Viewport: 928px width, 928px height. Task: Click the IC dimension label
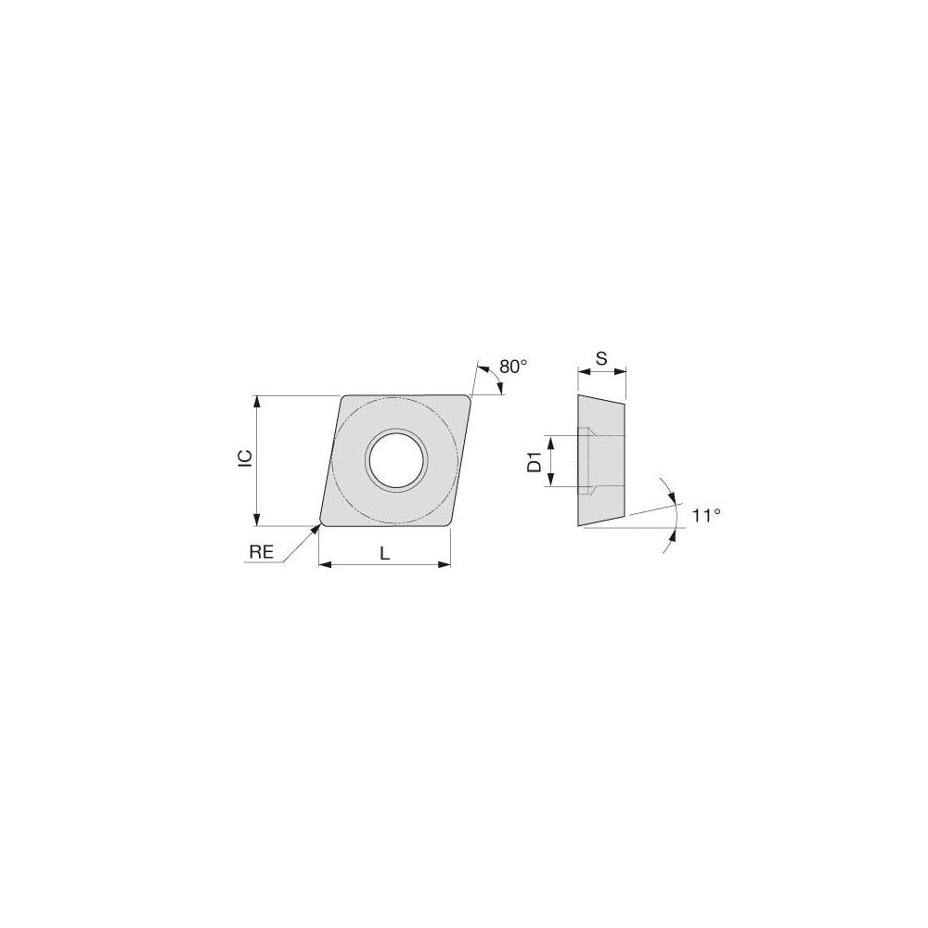click(244, 459)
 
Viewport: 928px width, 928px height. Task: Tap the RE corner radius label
click(261, 551)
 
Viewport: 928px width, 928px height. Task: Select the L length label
click(384, 553)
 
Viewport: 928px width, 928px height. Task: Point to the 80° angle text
click(512, 367)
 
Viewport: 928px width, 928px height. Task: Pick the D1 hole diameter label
click(535, 461)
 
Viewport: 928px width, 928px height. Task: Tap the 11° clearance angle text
click(706, 514)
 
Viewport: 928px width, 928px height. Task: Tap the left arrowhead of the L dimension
click(324, 563)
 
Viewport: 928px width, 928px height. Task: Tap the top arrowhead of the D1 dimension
click(550, 440)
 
